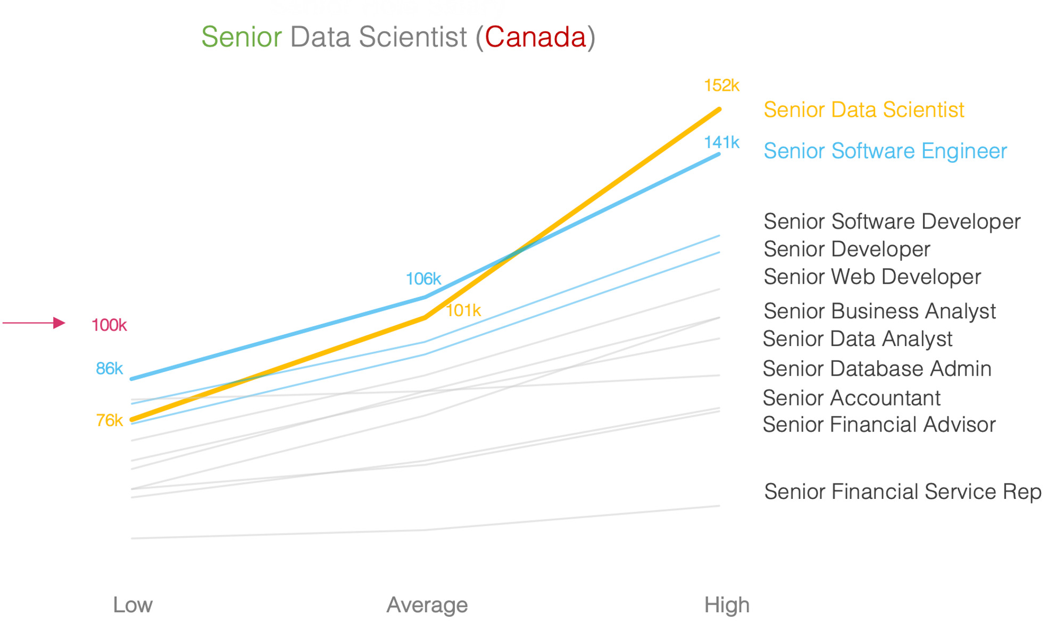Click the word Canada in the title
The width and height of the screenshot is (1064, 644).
click(x=535, y=37)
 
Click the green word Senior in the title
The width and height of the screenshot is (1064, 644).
click(x=242, y=37)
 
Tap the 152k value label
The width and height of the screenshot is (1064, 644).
click(x=721, y=86)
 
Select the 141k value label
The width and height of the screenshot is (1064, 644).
click(x=721, y=142)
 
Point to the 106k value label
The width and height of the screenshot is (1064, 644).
click(x=423, y=278)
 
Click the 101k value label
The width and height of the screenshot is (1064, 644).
click(x=463, y=310)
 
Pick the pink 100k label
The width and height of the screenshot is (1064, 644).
click(x=109, y=325)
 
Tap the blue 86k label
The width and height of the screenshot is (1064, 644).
click(x=109, y=368)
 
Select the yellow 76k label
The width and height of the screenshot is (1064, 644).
click(x=109, y=420)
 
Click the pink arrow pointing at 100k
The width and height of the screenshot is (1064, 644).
click(x=34, y=323)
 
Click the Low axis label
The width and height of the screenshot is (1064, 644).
click(x=132, y=605)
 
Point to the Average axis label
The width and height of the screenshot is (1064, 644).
click(x=427, y=605)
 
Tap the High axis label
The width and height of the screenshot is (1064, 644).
click(x=727, y=605)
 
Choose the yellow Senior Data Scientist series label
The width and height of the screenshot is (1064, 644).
click(x=863, y=110)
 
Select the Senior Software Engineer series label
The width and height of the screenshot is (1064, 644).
click(x=885, y=151)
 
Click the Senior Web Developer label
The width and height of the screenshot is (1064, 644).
click(x=872, y=277)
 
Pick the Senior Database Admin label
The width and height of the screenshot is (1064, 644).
click(x=877, y=369)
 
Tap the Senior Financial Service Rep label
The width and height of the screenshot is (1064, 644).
click(x=903, y=492)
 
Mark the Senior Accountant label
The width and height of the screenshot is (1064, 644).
click(x=851, y=398)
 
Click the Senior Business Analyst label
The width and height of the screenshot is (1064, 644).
click(x=879, y=311)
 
